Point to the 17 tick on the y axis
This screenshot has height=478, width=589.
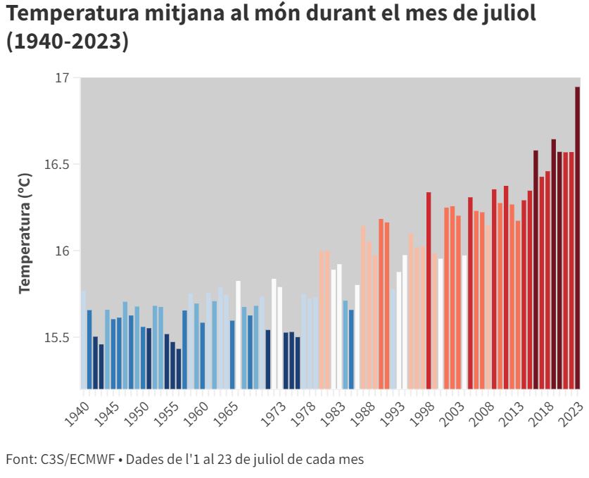pyautogui.click(x=63, y=77)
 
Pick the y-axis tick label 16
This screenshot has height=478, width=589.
pyautogui.click(x=63, y=251)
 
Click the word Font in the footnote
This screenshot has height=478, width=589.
pyautogui.click(x=17, y=460)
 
